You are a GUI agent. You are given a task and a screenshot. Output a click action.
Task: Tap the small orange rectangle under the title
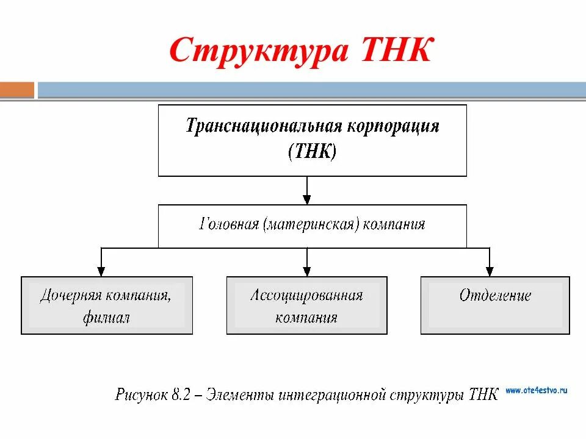pyautogui.click(x=17, y=90)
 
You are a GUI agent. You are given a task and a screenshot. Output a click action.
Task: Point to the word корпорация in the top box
pyautogui.click(x=394, y=127)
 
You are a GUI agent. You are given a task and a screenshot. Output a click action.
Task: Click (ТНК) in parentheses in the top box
pyautogui.click(x=312, y=151)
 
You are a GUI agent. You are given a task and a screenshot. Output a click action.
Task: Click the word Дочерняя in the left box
pyautogui.click(x=70, y=296)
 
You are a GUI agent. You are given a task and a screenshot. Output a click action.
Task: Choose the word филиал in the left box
pyautogui.click(x=107, y=318)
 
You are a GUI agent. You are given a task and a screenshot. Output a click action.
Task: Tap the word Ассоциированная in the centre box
pyautogui.click(x=306, y=296)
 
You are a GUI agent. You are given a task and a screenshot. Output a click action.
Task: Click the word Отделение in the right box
pyautogui.click(x=495, y=296)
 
